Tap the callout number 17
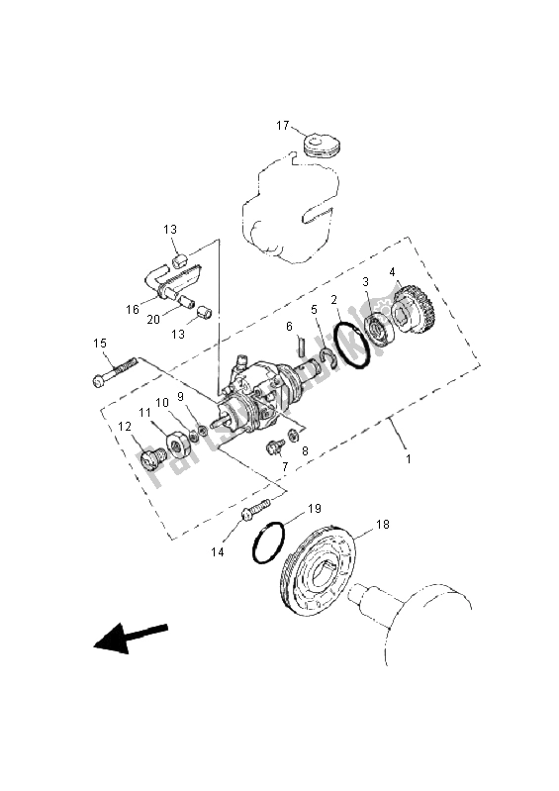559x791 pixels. [283, 126]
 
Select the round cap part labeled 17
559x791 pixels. [322, 147]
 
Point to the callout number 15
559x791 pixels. [100, 344]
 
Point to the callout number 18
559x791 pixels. [381, 526]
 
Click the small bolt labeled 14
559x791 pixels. [255, 511]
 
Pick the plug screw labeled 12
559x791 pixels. [151, 459]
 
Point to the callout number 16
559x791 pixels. [132, 309]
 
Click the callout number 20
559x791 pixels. [153, 319]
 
